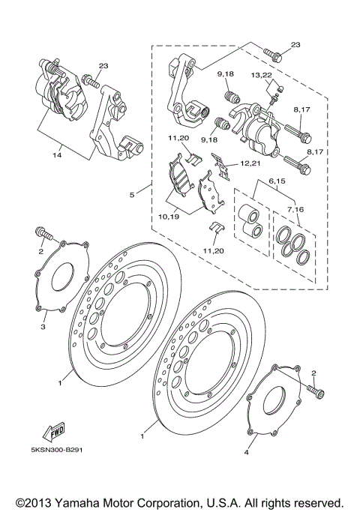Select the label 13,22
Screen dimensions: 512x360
(x=262, y=76)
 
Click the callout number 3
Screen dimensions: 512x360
(x=43, y=327)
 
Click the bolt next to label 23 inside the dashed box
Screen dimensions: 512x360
(x=273, y=54)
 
